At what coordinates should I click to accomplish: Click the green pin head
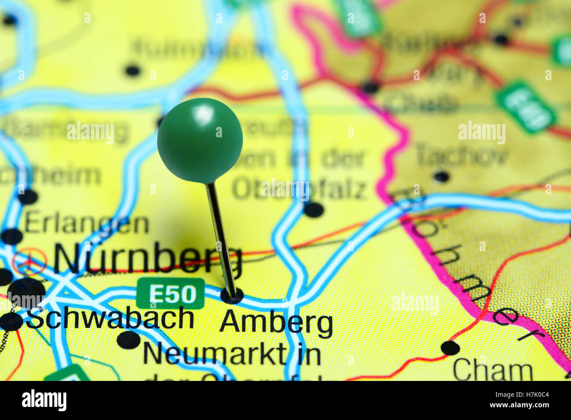click(x=200, y=140)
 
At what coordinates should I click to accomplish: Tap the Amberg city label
click(x=276, y=323)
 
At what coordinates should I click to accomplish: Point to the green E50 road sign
click(x=170, y=293)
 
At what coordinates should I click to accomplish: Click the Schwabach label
click(x=110, y=319)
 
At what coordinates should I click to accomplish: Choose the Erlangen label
click(x=87, y=224)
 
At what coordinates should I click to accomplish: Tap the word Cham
click(x=492, y=370)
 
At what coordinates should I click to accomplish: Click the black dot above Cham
click(x=450, y=348)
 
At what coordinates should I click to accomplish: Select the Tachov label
click(x=462, y=154)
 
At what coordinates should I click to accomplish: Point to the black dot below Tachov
click(x=441, y=177)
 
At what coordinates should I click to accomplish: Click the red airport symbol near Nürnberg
click(x=29, y=262)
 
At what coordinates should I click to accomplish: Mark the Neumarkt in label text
click(x=232, y=354)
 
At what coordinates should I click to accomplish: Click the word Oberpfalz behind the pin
click(x=299, y=189)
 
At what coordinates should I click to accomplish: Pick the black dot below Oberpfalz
click(x=314, y=210)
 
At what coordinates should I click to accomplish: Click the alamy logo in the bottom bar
click(x=44, y=400)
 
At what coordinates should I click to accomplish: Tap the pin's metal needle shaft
click(x=221, y=237)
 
